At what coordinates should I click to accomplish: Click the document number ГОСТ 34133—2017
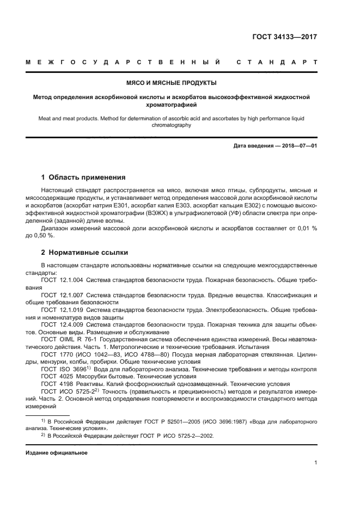[x=284, y=38]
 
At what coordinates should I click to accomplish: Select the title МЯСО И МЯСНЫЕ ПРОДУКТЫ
[x=179, y=83]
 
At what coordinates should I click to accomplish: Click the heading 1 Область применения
[x=84, y=177]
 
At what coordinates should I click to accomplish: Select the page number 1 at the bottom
[x=315, y=463]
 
